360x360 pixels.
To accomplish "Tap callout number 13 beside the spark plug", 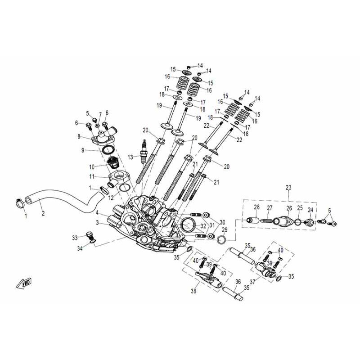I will tap(130, 157).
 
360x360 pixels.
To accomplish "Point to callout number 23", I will tap(288, 187).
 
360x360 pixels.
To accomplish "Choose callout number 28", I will tap(256, 207).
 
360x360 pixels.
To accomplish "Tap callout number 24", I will tap(310, 210).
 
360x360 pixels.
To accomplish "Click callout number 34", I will tap(80, 248).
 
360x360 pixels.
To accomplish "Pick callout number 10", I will tap(91, 166).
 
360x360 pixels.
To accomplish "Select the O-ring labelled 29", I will tap(221, 240).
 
